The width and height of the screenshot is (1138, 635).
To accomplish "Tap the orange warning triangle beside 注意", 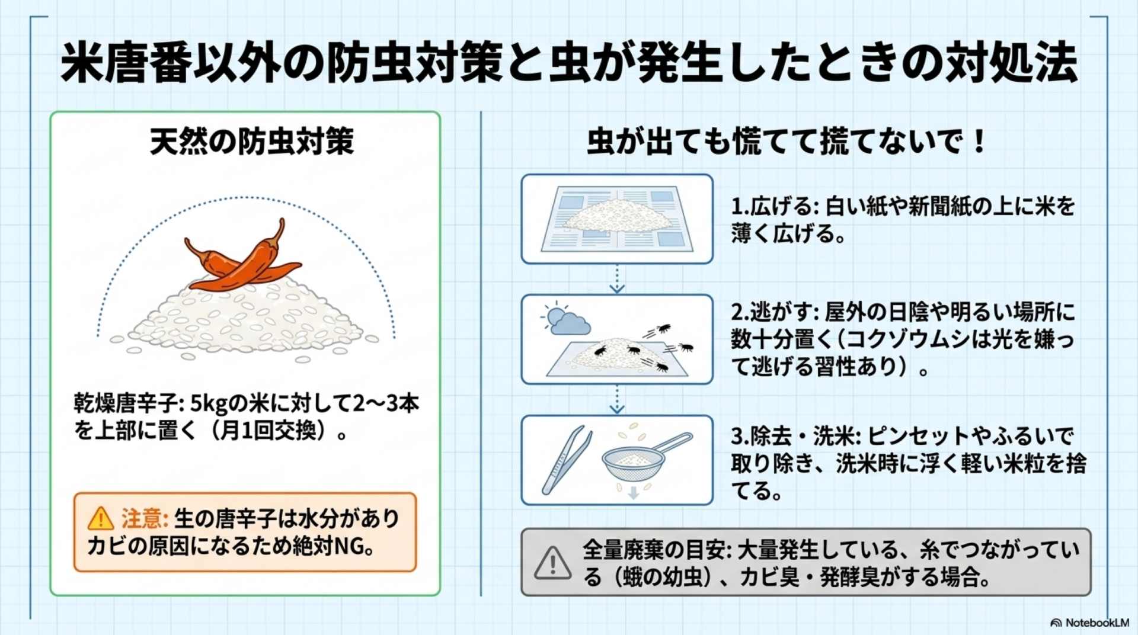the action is point(100,518).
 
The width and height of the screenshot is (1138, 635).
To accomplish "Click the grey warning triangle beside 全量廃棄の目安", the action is point(552,562).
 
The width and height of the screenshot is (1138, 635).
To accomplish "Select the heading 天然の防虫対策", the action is point(252,142).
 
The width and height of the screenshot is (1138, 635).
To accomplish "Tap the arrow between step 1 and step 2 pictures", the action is point(617,279).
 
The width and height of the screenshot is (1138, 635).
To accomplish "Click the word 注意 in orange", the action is point(145,518).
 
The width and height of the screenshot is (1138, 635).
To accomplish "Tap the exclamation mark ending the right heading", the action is point(979,142).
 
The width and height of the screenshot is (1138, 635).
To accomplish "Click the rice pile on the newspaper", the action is point(616,215).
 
